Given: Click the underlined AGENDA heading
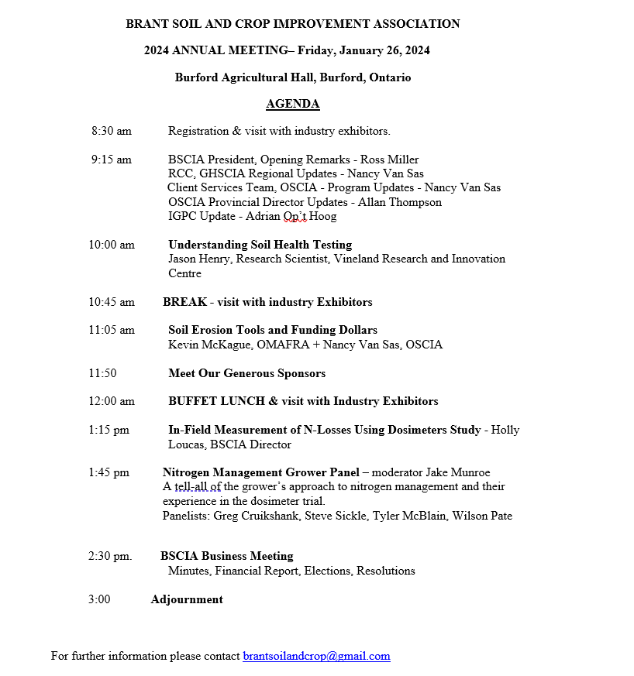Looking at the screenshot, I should [x=292, y=105].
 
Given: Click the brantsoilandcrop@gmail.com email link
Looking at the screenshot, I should [x=316, y=656].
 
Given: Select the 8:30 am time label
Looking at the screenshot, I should [x=112, y=131].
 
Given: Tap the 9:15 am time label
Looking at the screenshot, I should [x=112, y=160].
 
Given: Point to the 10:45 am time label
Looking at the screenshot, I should [x=112, y=302].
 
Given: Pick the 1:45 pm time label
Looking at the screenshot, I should [x=109, y=472].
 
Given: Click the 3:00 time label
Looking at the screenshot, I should [x=99, y=599].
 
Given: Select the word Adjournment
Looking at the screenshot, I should [x=187, y=599].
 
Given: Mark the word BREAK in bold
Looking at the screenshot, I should [x=184, y=302].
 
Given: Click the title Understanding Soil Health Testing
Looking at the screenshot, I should [x=260, y=245].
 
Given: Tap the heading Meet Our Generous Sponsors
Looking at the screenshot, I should [x=246, y=373].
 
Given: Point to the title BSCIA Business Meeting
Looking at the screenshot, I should [x=226, y=556].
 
